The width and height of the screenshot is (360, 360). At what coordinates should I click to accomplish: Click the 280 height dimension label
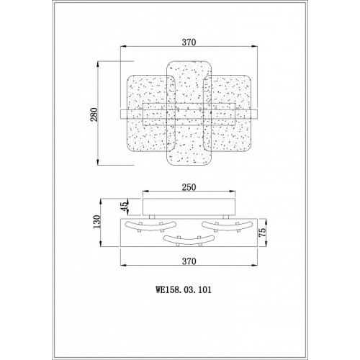point(94,114)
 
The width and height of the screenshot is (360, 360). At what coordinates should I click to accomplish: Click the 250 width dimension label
point(189,187)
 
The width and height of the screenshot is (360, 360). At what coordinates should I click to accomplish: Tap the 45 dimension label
point(124,207)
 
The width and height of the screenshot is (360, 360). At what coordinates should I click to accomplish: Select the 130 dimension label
point(97,222)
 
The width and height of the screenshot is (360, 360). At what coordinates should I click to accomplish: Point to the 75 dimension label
point(263,232)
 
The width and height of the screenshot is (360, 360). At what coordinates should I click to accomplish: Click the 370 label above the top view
point(189,42)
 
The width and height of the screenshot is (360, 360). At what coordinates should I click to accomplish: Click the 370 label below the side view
point(189,261)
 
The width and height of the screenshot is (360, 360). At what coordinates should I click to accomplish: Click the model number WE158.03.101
point(184,289)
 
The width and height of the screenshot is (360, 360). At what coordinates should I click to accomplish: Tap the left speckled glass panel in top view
point(150,114)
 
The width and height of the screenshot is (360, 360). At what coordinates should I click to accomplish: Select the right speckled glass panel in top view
point(228,114)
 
